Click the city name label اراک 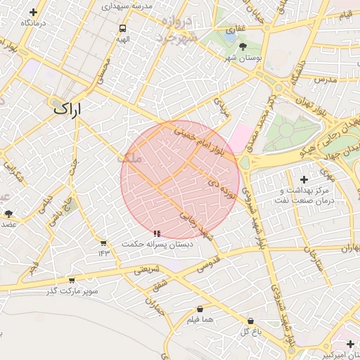(67, 109)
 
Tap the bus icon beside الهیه (123, 29)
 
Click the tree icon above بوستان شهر (243, 46)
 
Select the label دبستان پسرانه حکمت (156, 243)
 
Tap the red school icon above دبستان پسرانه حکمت (156, 233)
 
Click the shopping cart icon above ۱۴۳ (104, 243)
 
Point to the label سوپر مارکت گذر (73, 290)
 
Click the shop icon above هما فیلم (200, 309)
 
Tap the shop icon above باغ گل (251, 321)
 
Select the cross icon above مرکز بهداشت (304, 180)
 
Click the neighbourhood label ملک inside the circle (131, 160)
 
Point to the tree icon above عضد (8, 214)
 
